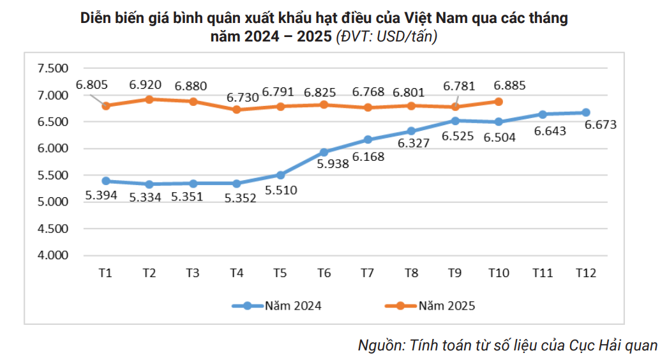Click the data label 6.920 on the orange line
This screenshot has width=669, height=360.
coord(145,84)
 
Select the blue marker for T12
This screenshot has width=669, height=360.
coord(585,112)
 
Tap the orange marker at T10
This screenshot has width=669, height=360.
coord(499,101)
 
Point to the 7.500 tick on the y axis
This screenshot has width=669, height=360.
coord(53,69)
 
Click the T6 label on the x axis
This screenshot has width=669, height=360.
coord(324,273)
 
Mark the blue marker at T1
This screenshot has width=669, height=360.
coord(106,181)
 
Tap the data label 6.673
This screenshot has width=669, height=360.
coord(601,125)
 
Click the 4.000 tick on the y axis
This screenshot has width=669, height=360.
coord(53,255)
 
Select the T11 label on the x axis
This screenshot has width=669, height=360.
coord(542,273)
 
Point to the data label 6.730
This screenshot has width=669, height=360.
coord(243,98)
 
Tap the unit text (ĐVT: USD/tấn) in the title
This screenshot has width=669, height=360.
coord(387,37)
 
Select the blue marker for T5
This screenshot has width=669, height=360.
coord(280,175)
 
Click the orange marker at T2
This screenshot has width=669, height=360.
coord(149,99)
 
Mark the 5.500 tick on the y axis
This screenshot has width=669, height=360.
coord(53,176)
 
